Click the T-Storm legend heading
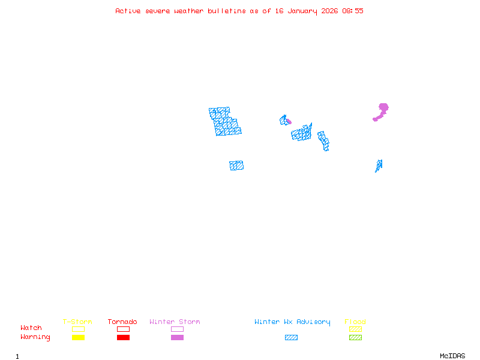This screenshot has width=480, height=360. tap(77, 322)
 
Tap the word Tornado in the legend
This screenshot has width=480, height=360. tap(122, 322)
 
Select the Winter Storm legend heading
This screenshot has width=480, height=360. tap(175, 322)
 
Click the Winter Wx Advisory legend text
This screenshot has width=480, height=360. tap(292, 322)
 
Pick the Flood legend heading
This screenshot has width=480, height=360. tap(355, 322)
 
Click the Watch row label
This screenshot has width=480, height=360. tap(31, 328)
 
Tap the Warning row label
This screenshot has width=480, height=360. tap(35, 337)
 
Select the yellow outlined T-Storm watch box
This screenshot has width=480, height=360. tap(78, 329)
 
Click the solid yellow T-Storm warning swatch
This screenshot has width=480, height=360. tap(78, 337)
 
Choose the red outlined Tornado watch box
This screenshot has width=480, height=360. tap(123, 329)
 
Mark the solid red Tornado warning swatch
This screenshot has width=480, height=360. tap(123, 337)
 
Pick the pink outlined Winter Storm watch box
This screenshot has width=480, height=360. tap(177, 329)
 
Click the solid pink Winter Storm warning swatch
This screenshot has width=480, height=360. tap(177, 337)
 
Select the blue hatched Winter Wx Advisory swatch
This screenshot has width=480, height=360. tap(291, 337)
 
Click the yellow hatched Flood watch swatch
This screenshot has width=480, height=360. tap(355, 329)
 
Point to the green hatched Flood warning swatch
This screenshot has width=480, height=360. tap(355, 337)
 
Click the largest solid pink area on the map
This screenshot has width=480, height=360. tap(382, 109)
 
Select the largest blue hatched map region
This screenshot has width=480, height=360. tap(224, 121)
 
